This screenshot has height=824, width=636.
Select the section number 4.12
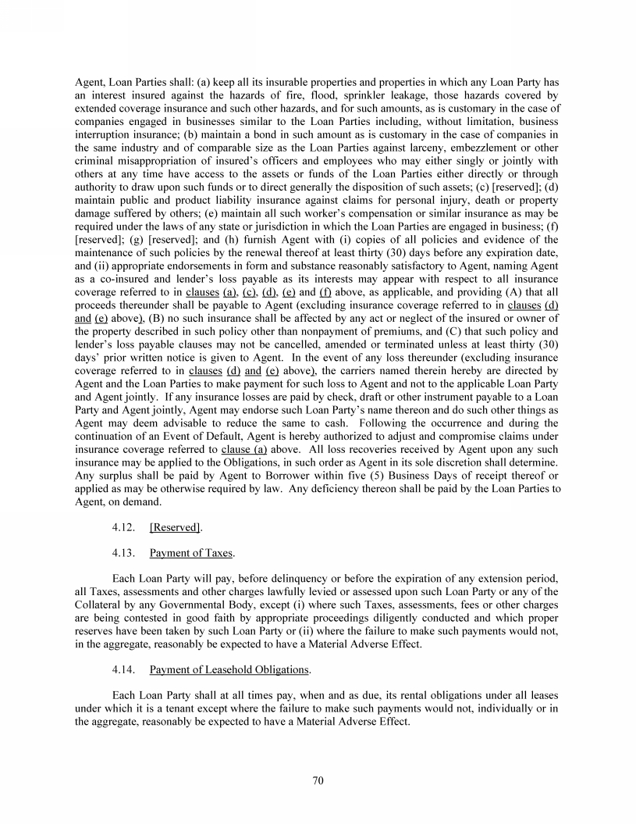point(125,527)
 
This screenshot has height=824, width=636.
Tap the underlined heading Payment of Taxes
point(191,553)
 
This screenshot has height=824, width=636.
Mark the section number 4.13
point(125,553)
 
